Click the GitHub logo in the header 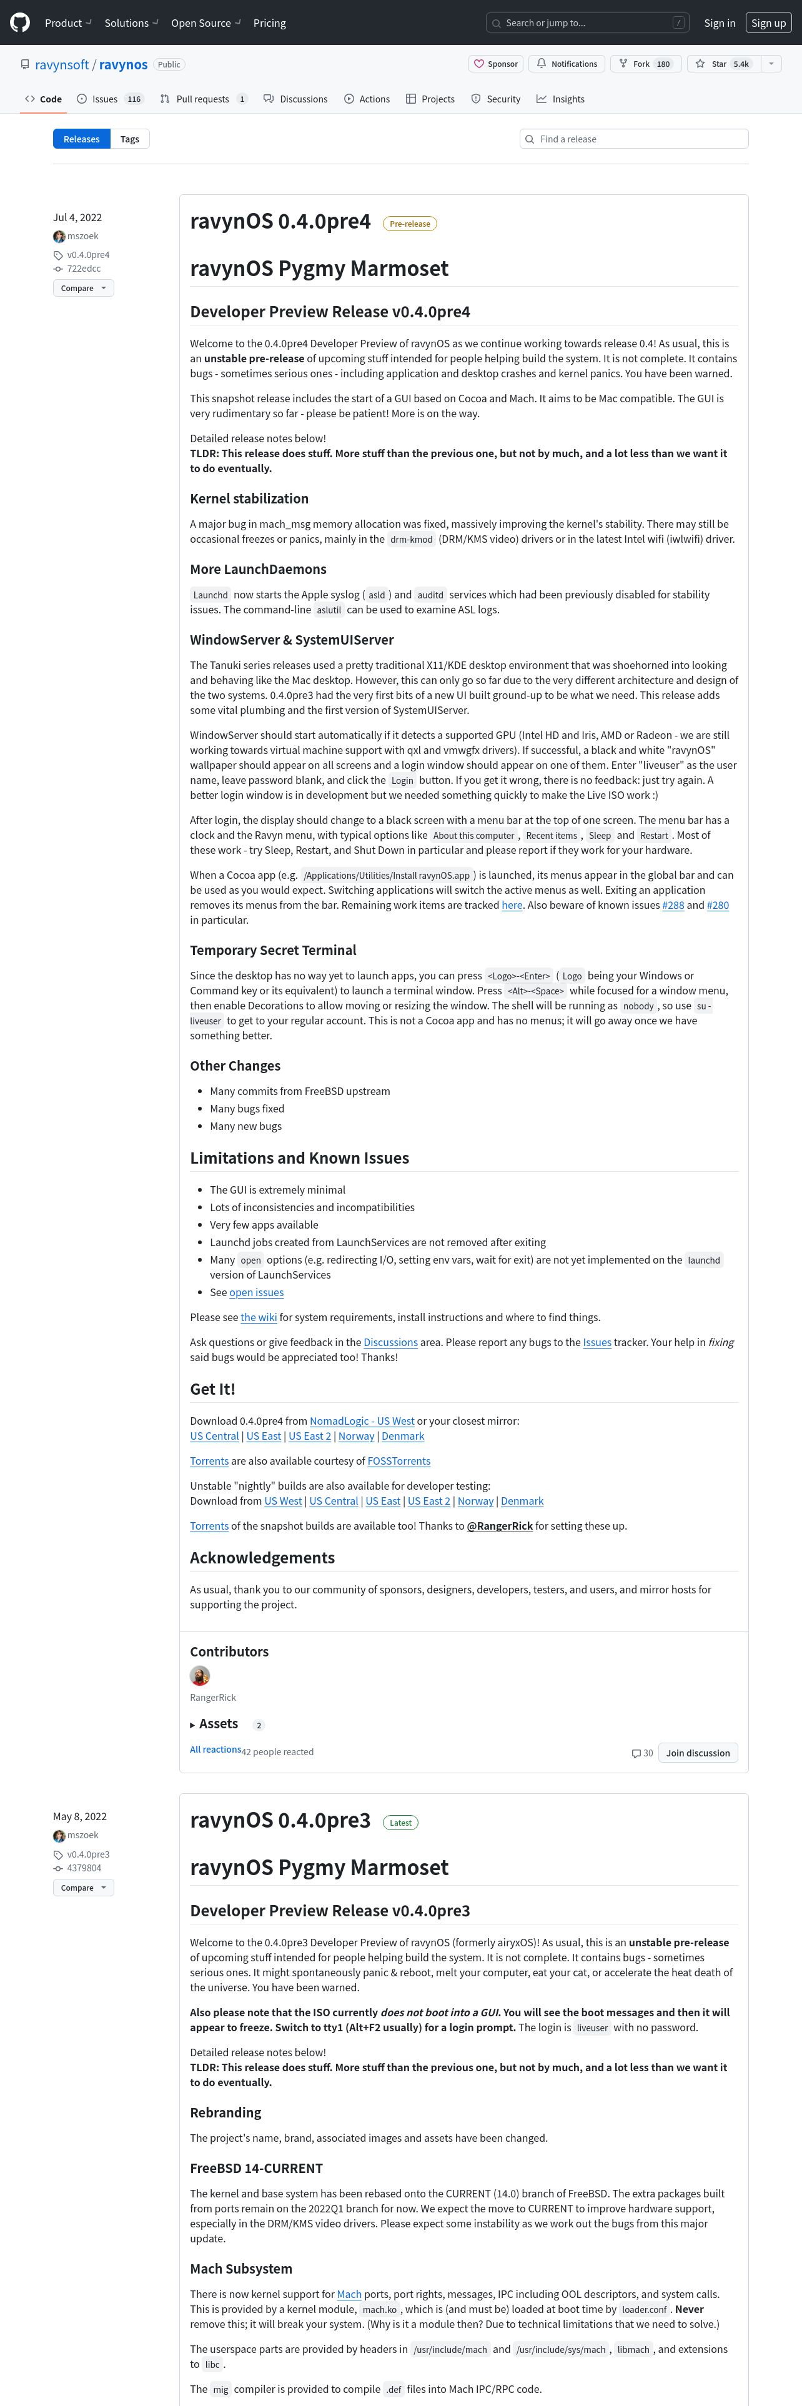coord(19,22)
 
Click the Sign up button coord(768,22)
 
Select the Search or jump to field coord(587,22)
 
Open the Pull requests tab coord(202,99)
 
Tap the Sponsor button coord(496,64)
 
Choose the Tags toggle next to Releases coord(130,139)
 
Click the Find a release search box coord(634,139)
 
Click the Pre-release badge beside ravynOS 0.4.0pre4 coord(410,223)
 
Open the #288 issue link coord(672,905)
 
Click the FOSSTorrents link coord(399,1461)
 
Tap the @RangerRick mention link coord(500,1525)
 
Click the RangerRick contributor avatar coord(200,1676)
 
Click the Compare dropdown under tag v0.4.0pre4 coord(83,288)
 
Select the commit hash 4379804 coord(84,1868)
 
